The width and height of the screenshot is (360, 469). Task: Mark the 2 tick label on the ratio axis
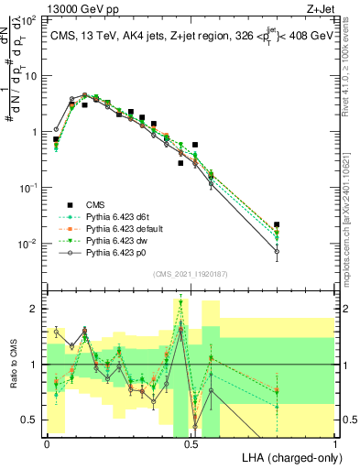pos(34,309)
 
